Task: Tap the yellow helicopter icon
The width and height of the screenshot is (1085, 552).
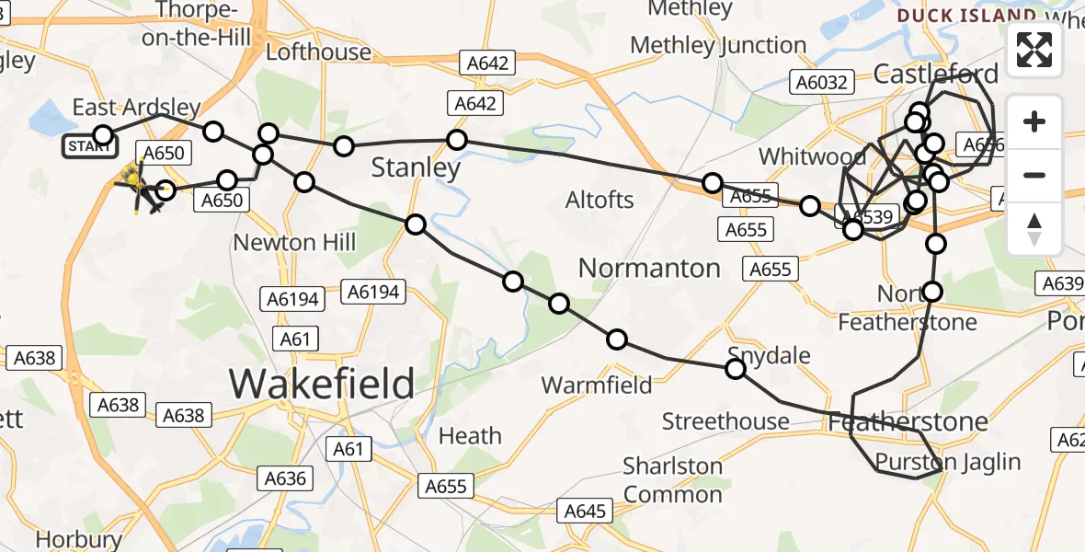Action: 135,184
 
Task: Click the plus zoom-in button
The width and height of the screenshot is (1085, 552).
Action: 1034,122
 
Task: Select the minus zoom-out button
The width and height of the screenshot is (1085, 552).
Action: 1034,175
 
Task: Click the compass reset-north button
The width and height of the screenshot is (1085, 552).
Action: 1034,228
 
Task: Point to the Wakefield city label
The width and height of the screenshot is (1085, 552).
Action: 321,383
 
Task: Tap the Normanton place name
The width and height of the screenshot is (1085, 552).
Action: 649,269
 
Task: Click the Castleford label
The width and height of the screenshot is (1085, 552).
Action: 936,74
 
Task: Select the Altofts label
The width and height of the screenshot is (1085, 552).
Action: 600,200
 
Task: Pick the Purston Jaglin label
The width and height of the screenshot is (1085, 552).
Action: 948,462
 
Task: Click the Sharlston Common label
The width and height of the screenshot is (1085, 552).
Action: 673,480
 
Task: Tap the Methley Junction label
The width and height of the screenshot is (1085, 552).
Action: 718,45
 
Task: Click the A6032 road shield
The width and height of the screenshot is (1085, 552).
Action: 821,83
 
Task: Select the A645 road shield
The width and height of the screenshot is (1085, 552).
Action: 586,511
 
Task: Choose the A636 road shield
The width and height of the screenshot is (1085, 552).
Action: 284,478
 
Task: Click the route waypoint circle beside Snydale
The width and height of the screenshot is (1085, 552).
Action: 736,369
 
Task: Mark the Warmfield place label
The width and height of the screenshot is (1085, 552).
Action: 597,385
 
